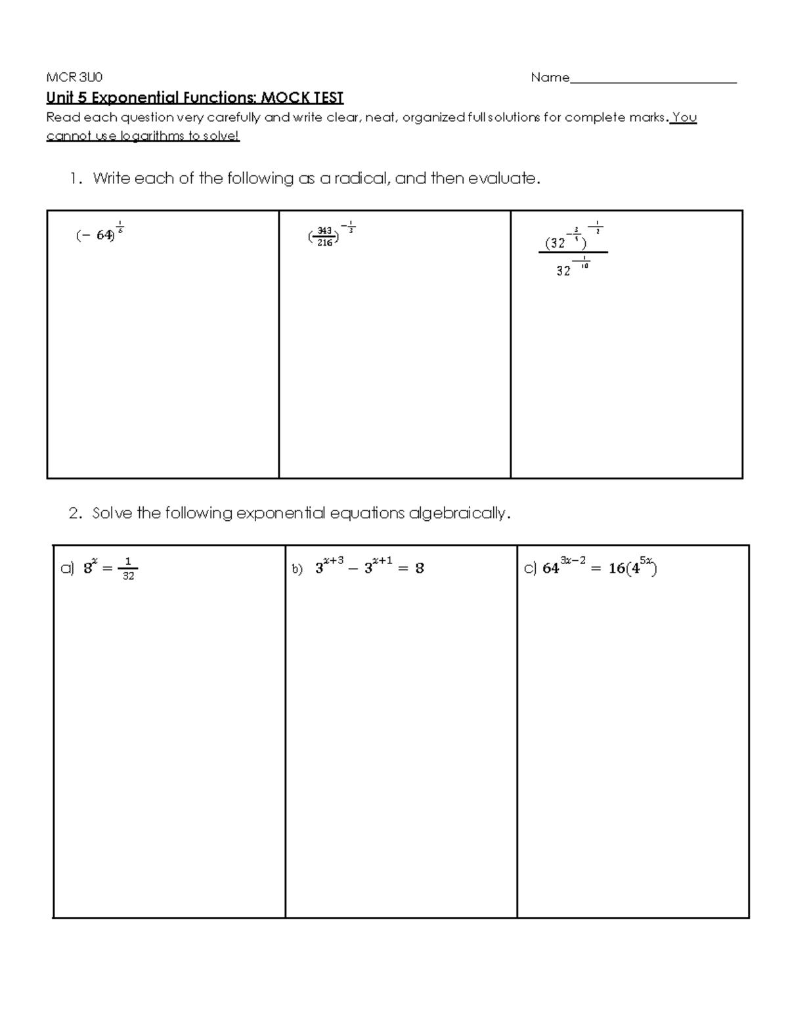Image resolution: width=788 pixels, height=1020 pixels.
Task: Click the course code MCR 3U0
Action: (x=74, y=78)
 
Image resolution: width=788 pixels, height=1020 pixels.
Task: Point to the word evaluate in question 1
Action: (x=502, y=179)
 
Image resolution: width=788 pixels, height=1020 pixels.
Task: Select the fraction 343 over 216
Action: (x=324, y=236)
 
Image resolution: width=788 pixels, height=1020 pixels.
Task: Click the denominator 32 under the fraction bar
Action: (x=563, y=271)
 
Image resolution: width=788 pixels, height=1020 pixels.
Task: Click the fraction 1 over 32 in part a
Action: (x=128, y=569)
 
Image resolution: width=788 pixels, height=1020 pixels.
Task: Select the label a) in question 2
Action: (x=67, y=569)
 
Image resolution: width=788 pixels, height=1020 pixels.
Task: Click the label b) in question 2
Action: (x=297, y=569)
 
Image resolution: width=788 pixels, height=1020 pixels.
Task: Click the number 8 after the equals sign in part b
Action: (x=420, y=569)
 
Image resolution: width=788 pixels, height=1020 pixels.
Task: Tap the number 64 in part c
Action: (x=550, y=569)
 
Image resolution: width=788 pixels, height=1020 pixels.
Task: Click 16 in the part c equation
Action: (x=616, y=569)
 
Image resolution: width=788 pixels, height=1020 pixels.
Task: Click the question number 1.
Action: (x=76, y=179)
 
